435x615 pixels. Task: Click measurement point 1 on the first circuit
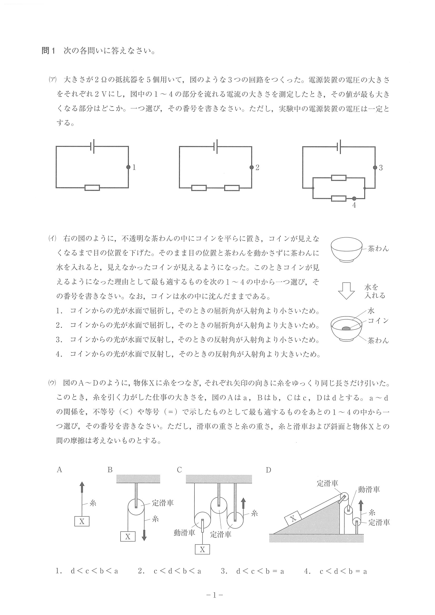(128, 167)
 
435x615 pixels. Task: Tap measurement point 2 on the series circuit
(251, 167)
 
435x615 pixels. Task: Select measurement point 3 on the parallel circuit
(375, 168)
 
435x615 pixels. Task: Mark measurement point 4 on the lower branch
(354, 199)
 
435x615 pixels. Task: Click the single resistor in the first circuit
(92, 188)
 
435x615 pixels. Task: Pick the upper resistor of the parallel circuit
(339, 178)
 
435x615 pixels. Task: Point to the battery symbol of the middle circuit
(215, 146)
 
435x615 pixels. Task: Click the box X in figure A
(82, 521)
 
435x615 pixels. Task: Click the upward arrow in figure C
(243, 503)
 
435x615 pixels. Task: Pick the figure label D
(268, 470)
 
